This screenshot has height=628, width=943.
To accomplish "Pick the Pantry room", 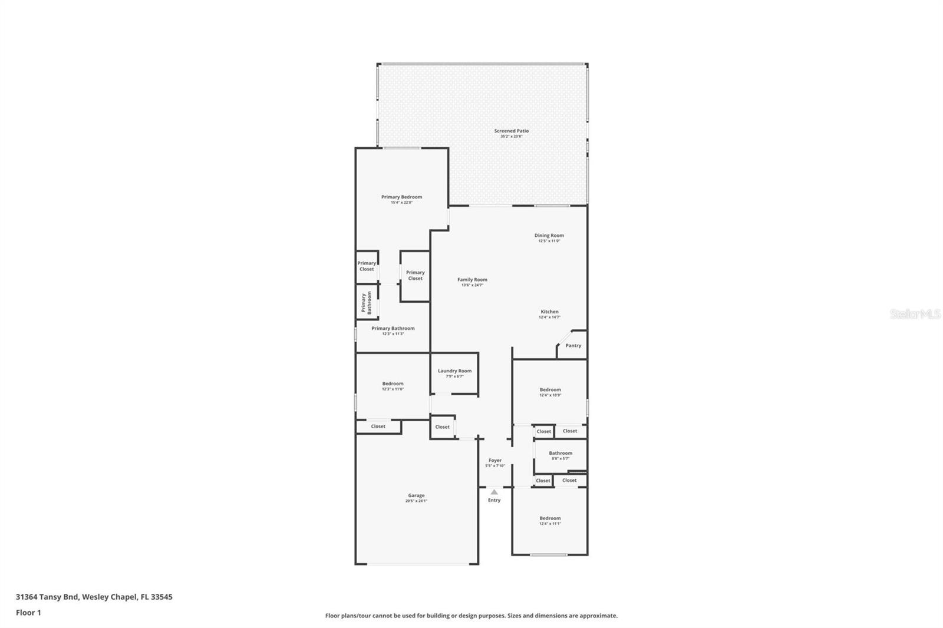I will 573,346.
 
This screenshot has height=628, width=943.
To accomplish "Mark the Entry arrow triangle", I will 494,492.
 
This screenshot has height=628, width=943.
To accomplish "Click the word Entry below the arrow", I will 494,500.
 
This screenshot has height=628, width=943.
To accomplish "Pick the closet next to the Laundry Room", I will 442,427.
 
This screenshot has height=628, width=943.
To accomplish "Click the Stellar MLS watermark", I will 915,315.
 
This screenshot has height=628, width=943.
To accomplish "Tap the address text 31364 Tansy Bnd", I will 47,597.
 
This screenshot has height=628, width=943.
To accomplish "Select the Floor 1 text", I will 28,613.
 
